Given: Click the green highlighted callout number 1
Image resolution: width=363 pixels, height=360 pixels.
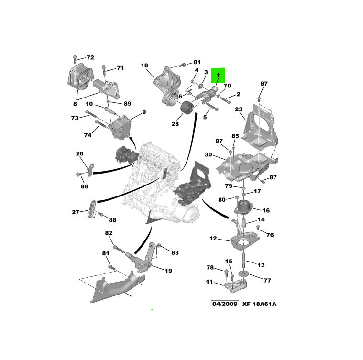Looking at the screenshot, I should (x=218, y=75).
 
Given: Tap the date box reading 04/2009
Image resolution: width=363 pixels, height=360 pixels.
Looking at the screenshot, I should (x=224, y=304).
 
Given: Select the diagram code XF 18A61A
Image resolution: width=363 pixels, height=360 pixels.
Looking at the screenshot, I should (x=259, y=304).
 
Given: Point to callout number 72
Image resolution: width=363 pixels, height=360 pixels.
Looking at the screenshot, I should (x=90, y=57).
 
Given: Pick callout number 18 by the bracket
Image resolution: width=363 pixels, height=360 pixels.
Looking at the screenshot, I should (x=144, y=65).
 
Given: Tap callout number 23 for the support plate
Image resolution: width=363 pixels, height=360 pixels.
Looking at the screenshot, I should (x=239, y=109).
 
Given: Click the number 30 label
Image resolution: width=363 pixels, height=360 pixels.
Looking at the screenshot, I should (x=209, y=154).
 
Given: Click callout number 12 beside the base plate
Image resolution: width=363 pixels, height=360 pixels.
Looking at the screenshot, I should (x=213, y=238).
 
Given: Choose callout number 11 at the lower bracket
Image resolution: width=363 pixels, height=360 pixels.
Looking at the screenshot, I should (x=209, y=282).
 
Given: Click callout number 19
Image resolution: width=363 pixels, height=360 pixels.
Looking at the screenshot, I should (x=168, y=271).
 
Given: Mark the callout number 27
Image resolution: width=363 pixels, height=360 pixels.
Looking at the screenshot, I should (x=76, y=212).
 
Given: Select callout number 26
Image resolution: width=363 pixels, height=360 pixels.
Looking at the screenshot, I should (x=79, y=153).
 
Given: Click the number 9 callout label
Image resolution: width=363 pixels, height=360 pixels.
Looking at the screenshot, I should (x=143, y=113).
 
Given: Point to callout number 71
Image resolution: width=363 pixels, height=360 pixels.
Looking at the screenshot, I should (x=120, y=68).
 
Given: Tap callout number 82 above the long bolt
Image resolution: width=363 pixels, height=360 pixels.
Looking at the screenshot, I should (x=109, y=233).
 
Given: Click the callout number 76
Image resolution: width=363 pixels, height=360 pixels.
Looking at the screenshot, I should (x=270, y=235).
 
